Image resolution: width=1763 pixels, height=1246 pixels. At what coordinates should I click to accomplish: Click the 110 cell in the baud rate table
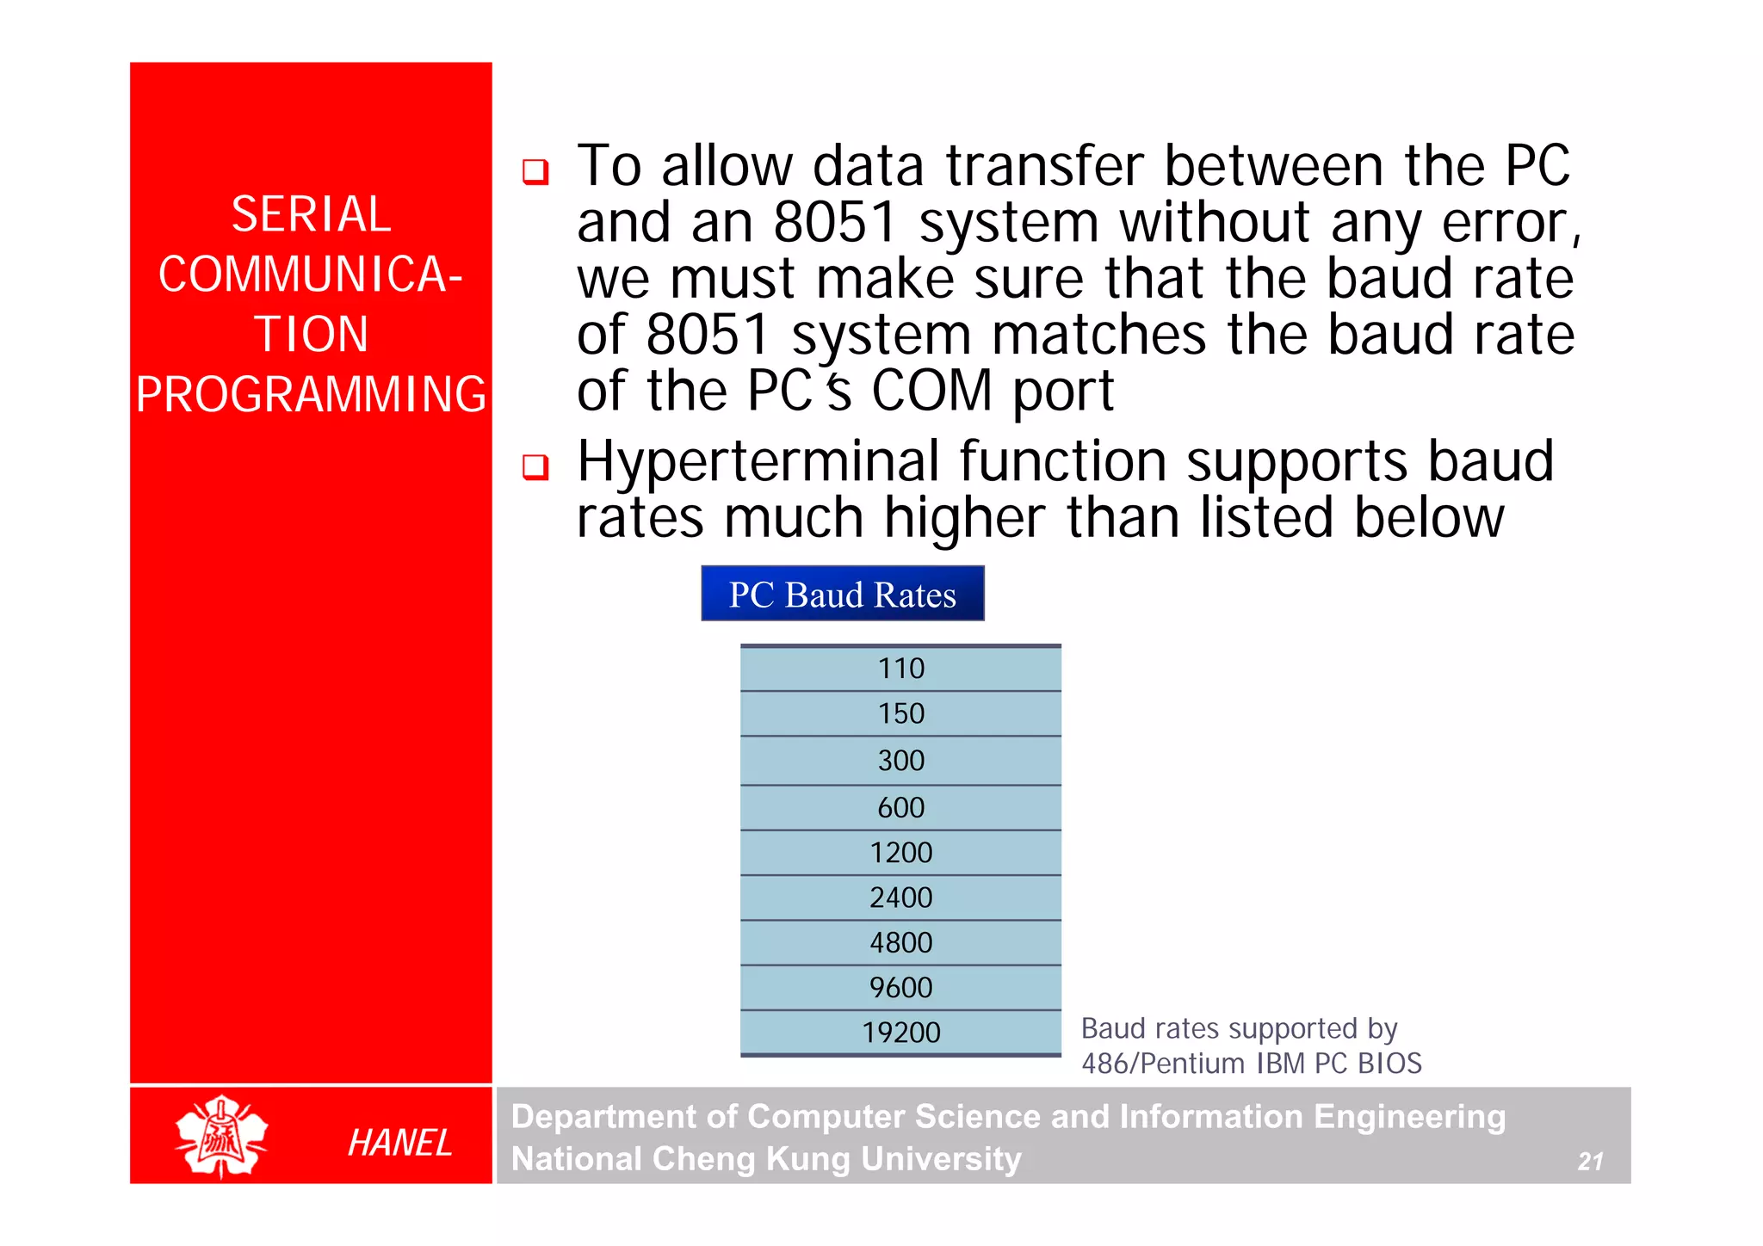click(x=900, y=669)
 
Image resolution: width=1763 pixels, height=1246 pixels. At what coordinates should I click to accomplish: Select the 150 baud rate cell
click(x=900, y=714)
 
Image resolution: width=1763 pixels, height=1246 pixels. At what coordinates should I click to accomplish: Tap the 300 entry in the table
click(x=900, y=761)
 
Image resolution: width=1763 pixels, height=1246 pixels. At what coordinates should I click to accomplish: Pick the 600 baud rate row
click(x=900, y=808)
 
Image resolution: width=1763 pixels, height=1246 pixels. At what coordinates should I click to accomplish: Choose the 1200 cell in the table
click(x=900, y=853)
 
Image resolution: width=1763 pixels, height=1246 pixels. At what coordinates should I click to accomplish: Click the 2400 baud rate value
click(x=900, y=898)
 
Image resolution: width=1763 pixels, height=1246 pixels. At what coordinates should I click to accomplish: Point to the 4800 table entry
click(x=900, y=943)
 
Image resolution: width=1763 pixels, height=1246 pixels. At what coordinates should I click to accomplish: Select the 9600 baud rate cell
click(x=900, y=988)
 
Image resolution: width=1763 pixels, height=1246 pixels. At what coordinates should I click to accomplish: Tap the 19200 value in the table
click(x=900, y=1033)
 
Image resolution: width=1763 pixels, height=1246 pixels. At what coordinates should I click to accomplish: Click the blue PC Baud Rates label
click(x=842, y=594)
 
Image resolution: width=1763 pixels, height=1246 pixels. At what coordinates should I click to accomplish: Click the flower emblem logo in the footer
click(x=221, y=1136)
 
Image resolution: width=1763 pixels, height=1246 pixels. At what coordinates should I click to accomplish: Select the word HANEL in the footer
click(x=399, y=1143)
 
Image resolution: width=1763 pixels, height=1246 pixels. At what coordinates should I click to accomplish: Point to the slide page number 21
click(x=1590, y=1162)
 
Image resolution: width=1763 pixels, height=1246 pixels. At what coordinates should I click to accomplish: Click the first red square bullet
click(x=535, y=171)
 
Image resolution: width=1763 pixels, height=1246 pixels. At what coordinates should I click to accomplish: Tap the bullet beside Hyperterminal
click(x=535, y=467)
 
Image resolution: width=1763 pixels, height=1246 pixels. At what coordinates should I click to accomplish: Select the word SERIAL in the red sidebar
click(x=311, y=214)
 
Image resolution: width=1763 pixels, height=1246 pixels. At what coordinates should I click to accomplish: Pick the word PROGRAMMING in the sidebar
click(x=311, y=395)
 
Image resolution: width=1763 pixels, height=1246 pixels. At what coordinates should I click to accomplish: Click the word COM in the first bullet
click(x=931, y=392)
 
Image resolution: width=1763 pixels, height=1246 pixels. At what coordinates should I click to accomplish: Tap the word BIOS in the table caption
click(x=1389, y=1064)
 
